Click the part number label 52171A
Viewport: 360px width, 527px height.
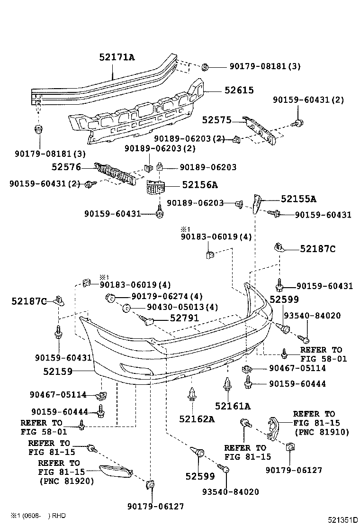point(117,57)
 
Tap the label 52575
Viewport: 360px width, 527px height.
point(217,120)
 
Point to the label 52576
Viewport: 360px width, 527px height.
point(66,167)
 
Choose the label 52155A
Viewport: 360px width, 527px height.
point(298,199)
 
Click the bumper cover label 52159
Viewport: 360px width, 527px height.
point(57,372)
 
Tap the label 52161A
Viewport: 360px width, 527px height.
point(232,406)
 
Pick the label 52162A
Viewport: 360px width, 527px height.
point(197,419)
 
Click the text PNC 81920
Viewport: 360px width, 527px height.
point(66,481)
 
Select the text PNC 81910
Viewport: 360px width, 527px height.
point(322,432)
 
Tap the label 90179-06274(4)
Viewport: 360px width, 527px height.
point(160,297)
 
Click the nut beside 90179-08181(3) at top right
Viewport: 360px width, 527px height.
point(206,67)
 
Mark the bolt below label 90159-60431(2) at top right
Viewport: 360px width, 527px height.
point(298,123)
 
